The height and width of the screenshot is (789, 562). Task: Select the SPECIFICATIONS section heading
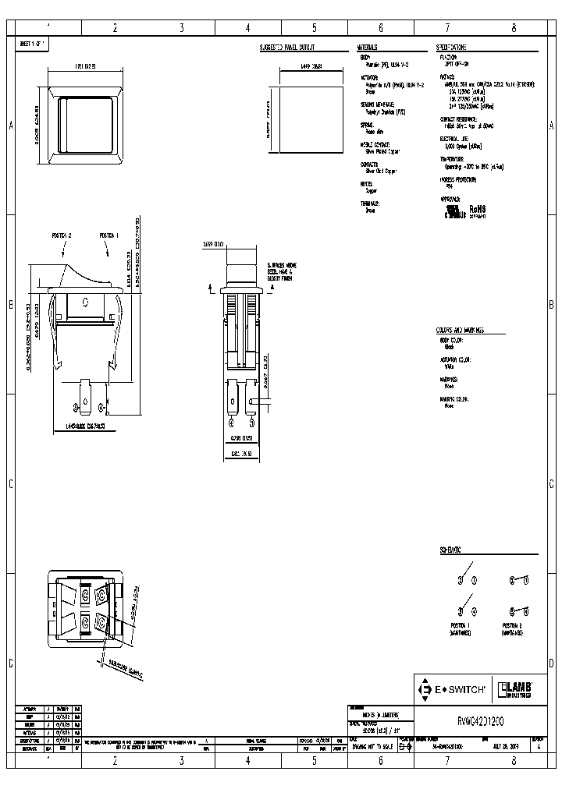click(454, 48)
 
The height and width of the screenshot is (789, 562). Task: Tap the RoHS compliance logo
click(477, 210)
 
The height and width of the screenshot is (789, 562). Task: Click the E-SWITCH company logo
click(454, 688)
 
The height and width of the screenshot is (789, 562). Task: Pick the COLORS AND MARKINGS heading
click(461, 331)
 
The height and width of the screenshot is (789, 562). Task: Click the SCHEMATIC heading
click(450, 550)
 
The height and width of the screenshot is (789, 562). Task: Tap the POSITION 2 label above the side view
click(62, 235)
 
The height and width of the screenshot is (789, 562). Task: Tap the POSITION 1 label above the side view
click(108, 235)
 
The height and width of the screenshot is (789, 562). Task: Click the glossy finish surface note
click(282, 274)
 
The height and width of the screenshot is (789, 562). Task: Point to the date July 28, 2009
click(499, 746)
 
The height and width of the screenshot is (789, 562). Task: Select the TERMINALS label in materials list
click(369, 203)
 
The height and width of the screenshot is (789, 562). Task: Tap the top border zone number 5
click(314, 28)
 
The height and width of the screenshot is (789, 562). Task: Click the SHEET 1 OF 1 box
click(34, 44)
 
